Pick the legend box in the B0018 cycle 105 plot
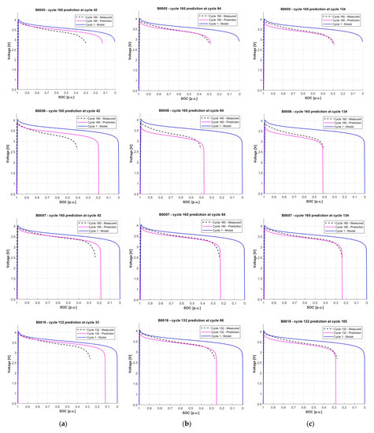point(347,332)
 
